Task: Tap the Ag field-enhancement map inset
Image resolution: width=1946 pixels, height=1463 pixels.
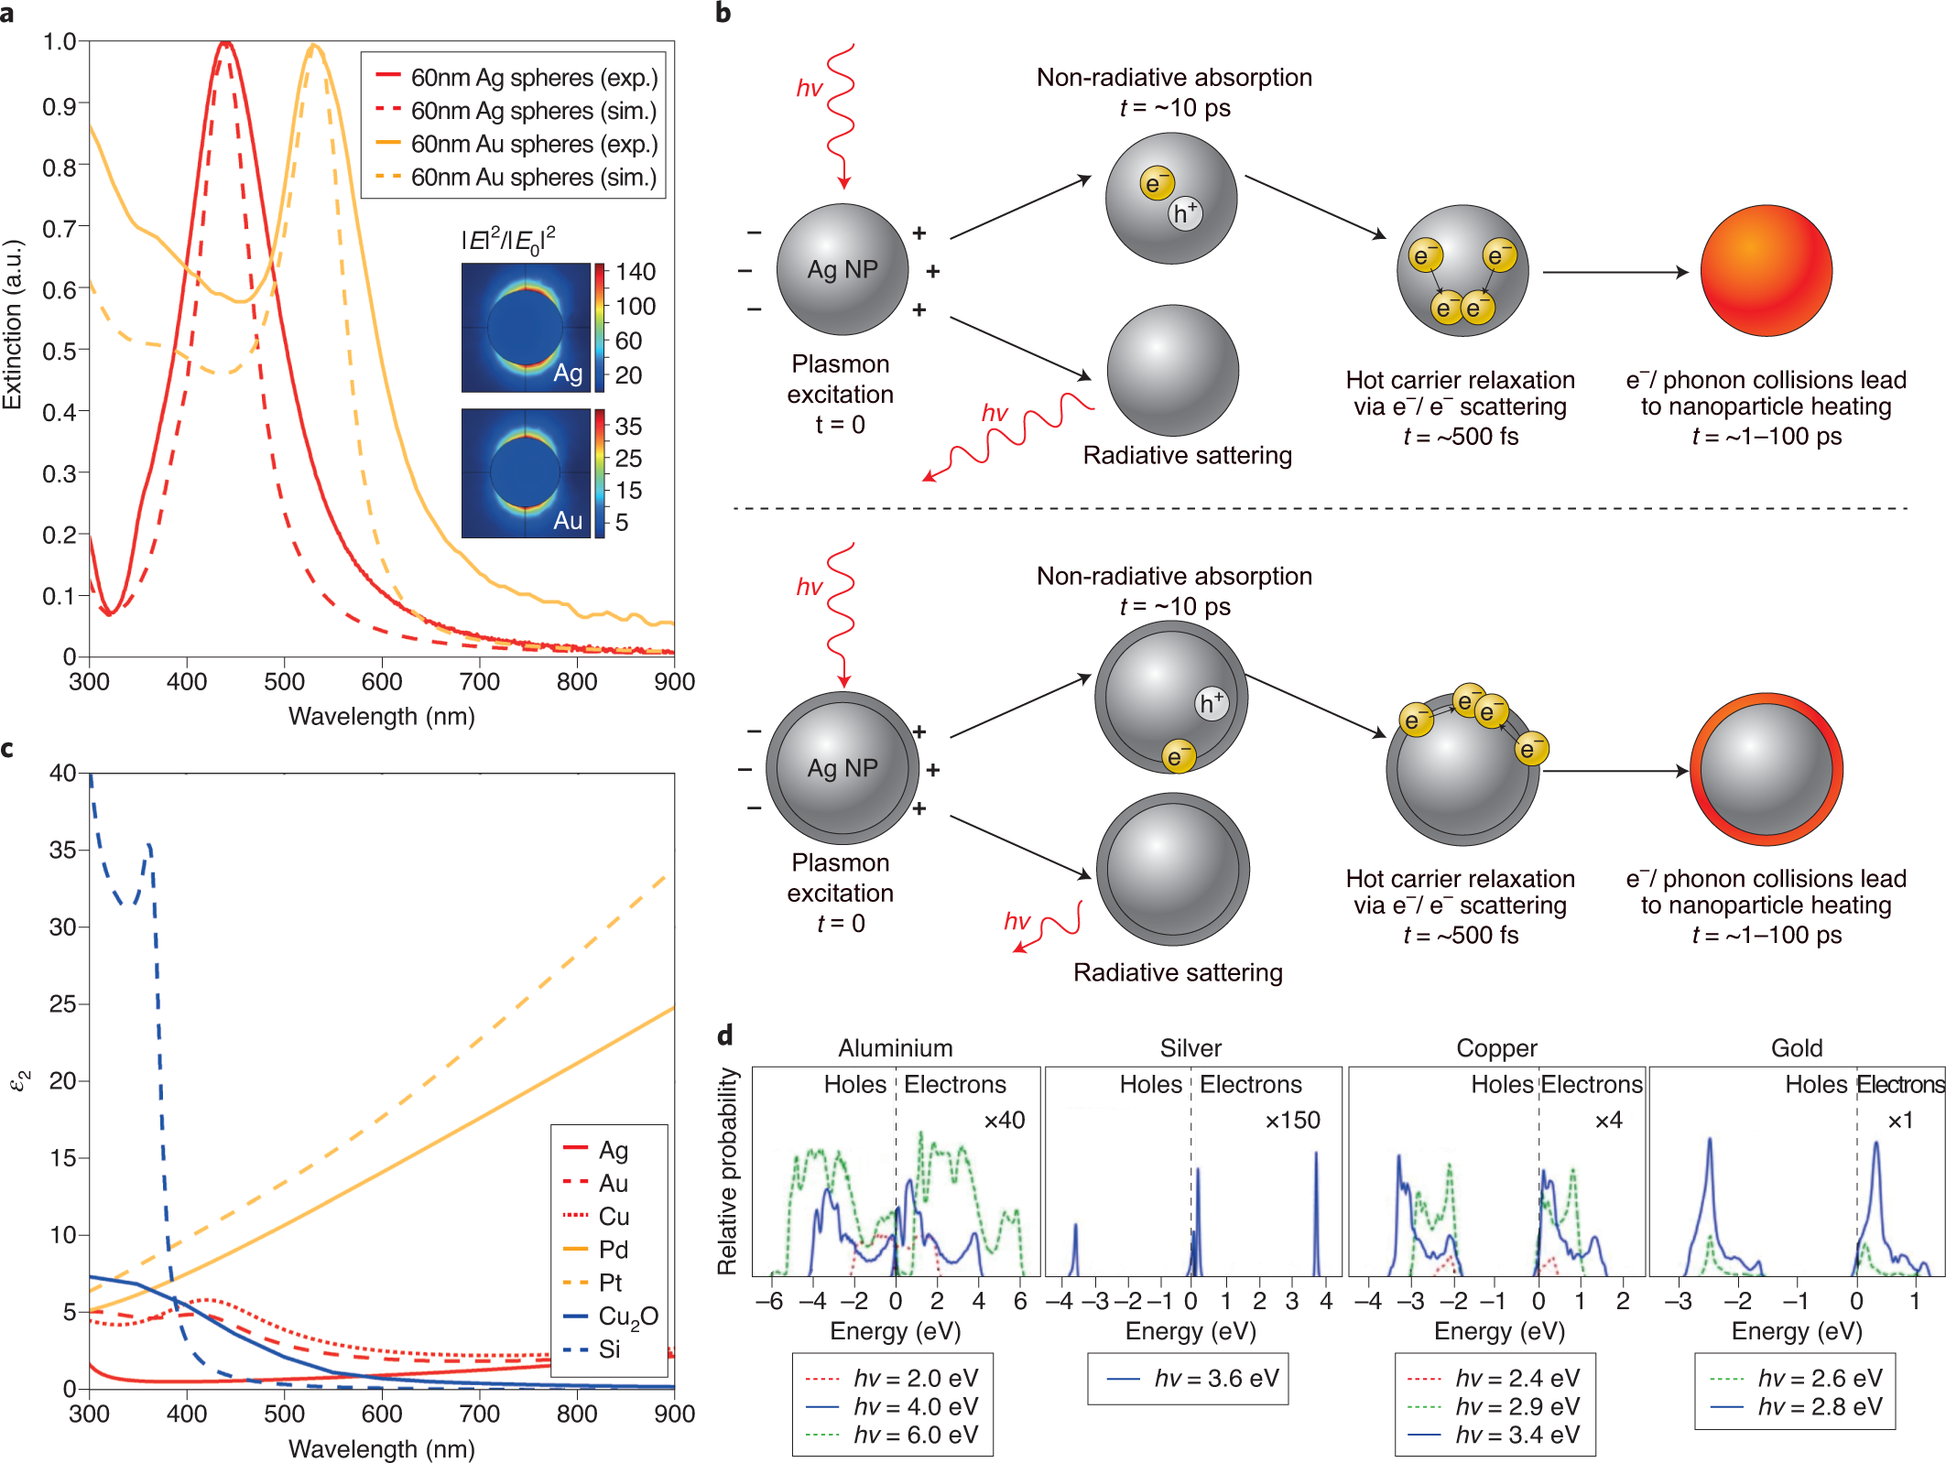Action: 526,328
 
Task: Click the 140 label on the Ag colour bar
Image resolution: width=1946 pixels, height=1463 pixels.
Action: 636,272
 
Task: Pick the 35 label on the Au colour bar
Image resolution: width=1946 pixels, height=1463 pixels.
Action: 628,427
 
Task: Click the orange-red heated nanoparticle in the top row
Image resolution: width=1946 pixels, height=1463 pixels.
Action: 1766,271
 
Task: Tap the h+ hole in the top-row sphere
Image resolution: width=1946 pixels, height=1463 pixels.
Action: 1185,213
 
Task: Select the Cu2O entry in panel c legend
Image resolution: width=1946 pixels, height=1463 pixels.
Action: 627,1317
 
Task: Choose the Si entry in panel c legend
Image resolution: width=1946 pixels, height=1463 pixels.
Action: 609,1349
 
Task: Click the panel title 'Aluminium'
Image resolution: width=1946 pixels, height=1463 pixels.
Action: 896,1048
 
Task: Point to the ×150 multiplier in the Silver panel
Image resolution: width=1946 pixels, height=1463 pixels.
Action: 1292,1121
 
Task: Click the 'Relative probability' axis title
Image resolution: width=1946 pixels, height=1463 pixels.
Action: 727,1172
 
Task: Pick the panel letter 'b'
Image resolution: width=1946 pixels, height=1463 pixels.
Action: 723,13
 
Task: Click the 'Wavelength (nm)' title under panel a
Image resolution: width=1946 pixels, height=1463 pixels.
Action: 382,717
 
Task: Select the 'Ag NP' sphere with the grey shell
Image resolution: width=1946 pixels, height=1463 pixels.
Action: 843,768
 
